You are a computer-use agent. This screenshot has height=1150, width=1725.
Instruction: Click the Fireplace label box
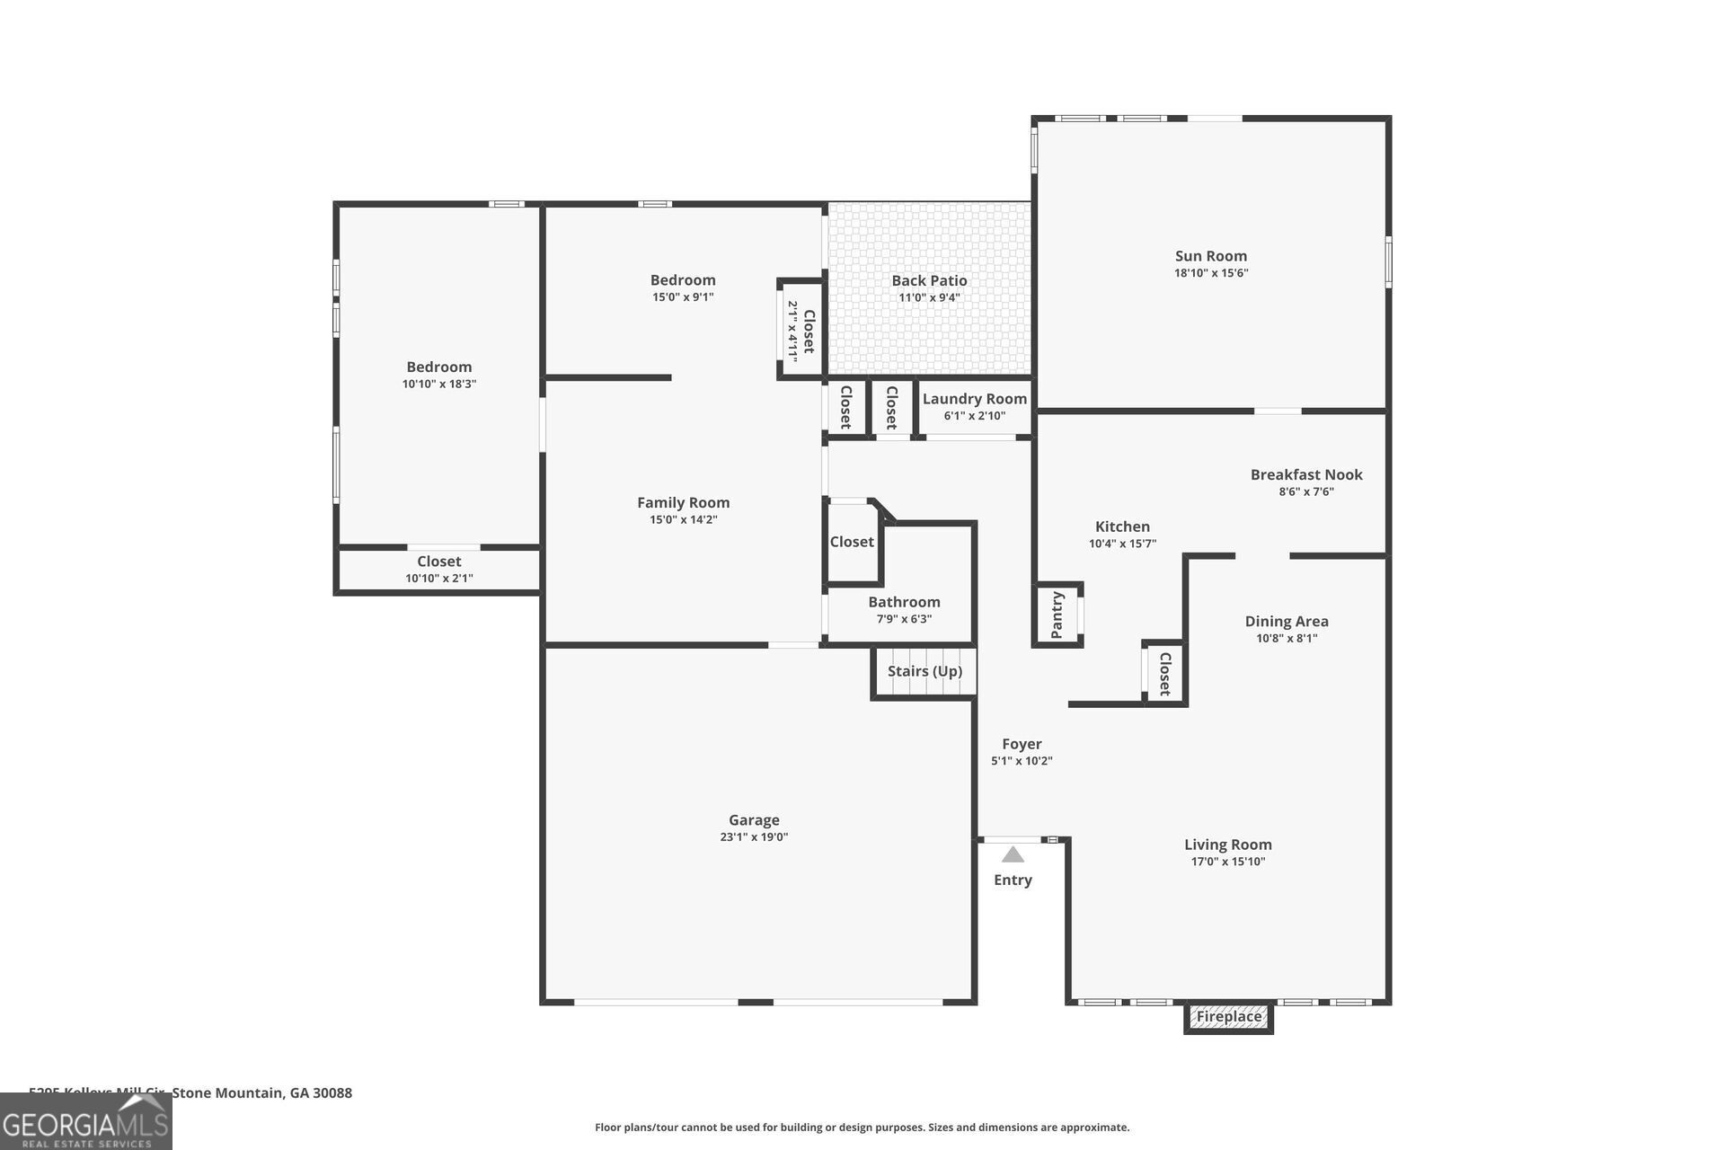click(1228, 1017)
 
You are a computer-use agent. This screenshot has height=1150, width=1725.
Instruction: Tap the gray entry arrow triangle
click(1013, 854)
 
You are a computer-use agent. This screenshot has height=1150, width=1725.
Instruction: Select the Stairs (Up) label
click(924, 671)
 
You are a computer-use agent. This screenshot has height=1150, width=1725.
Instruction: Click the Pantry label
click(1057, 615)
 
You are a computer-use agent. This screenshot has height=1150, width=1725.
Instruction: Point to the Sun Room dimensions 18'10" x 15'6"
click(1211, 273)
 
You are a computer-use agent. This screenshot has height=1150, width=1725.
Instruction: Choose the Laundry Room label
click(974, 399)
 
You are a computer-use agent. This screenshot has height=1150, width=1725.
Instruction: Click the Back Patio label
click(929, 280)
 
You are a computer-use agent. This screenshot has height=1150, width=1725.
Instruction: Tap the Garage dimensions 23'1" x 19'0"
click(754, 837)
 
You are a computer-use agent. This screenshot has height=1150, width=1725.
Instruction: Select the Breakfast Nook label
click(1306, 474)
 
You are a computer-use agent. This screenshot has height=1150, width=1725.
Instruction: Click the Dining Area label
click(1287, 621)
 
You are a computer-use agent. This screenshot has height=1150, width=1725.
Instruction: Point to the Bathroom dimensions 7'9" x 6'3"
click(904, 619)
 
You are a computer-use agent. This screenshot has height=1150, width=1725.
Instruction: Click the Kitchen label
click(1122, 526)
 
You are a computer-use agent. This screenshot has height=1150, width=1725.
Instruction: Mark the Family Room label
click(683, 502)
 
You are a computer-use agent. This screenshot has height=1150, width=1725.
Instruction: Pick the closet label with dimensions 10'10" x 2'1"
click(438, 562)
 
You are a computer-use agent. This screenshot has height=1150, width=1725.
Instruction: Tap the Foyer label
click(1022, 744)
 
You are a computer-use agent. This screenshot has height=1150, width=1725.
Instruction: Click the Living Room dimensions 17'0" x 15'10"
click(1227, 862)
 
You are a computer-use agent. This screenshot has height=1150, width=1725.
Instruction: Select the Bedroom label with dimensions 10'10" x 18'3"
click(438, 367)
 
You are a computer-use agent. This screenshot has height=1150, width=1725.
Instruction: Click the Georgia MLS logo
click(85, 1122)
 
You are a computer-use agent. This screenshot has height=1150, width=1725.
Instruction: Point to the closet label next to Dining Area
click(1165, 674)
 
